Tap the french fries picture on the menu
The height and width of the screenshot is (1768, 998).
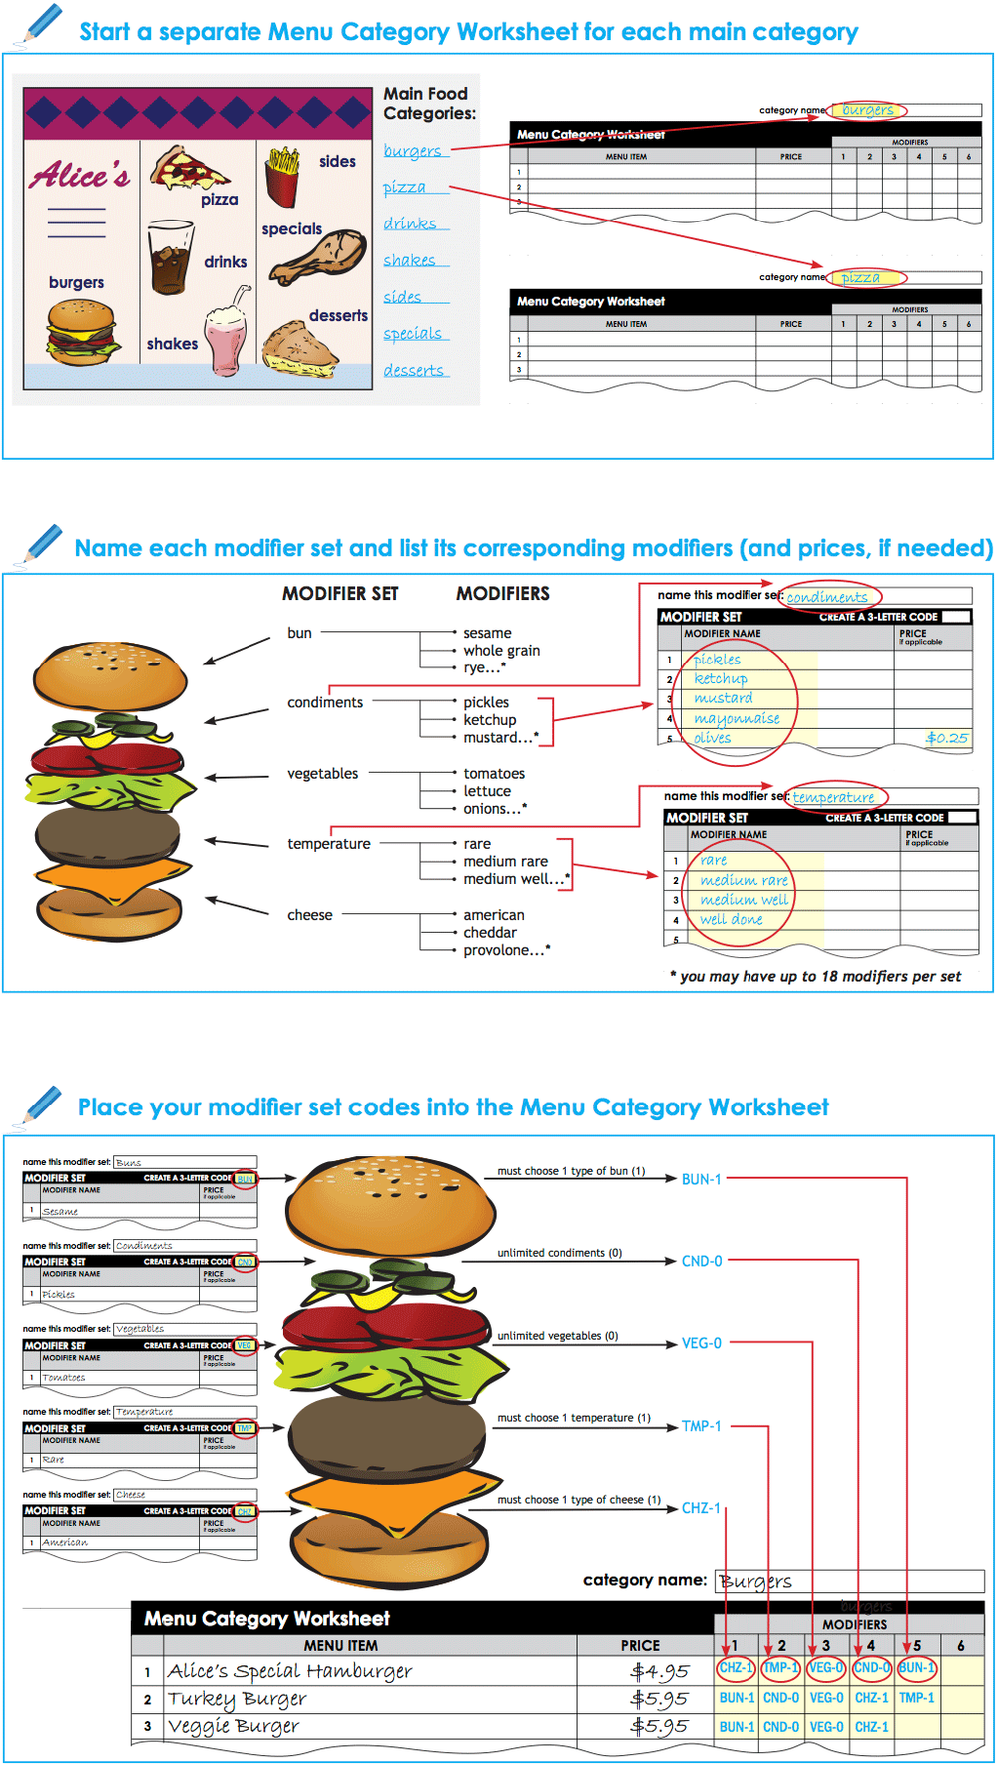[x=282, y=176]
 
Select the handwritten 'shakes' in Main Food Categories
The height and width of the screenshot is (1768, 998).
[x=409, y=260]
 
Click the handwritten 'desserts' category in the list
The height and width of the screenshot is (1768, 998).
[x=413, y=370]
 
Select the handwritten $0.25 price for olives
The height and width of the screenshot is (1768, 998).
[x=946, y=738]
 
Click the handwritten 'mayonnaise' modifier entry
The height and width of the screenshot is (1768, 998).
[x=737, y=718]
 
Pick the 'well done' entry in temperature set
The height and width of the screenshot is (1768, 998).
[x=731, y=919]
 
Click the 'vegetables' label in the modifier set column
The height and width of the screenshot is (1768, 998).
[x=322, y=774]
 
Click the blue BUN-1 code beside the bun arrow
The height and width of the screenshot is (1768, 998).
[x=701, y=1179]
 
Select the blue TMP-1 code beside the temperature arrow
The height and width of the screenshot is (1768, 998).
[x=701, y=1426]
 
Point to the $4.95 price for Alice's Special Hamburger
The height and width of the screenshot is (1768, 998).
[x=659, y=1671]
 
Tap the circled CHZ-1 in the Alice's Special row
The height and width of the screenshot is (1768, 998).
[x=737, y=1667]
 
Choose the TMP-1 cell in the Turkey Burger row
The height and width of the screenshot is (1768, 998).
[x=916, y=1697]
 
